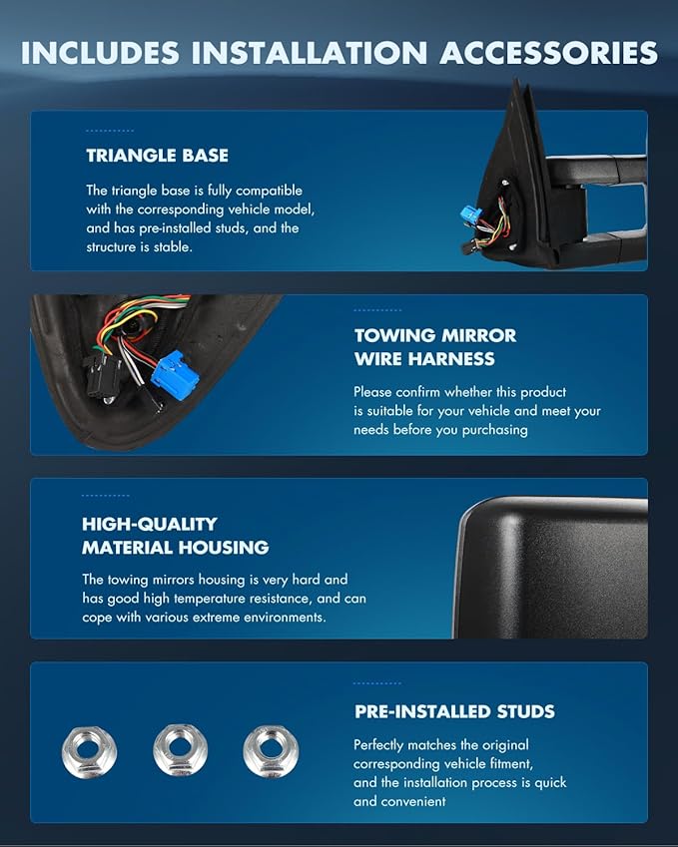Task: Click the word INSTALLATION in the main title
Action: click(310, 53)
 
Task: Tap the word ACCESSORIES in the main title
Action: click(549, 53)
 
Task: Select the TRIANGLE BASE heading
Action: click(158, 156)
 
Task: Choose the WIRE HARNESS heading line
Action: click(424, 359)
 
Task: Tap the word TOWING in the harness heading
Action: click(390, 335)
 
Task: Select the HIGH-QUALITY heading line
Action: click(150, 524)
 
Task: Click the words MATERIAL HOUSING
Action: click(175, 548)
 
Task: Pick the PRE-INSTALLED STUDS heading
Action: click(454, 711)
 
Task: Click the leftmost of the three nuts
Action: click(89, 751)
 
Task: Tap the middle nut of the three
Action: click(181, 750)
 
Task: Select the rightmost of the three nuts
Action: click(271, 751)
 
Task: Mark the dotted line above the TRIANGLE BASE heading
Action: click(110, 131)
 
